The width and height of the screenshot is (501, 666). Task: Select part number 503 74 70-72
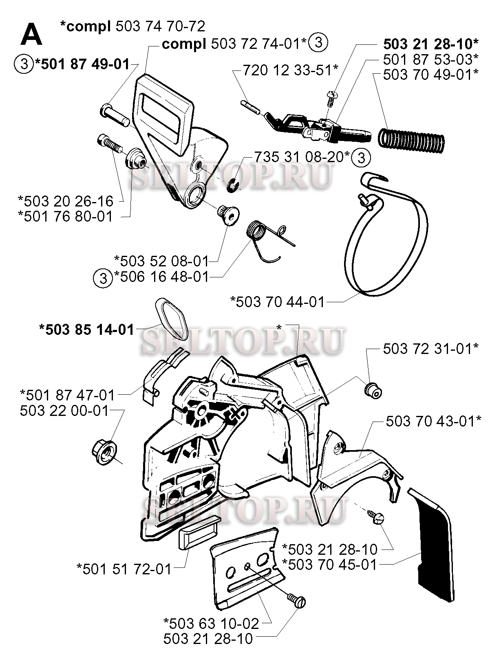tap(161, 27)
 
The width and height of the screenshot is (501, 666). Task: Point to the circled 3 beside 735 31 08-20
tap(361, 158)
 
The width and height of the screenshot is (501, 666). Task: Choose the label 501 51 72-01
tap(124, 569)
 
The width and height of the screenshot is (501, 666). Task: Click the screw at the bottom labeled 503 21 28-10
tap(296, 601)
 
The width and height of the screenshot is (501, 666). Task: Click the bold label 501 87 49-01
tap(83, 64)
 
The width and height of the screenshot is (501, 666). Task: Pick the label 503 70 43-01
tap(434, 422)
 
